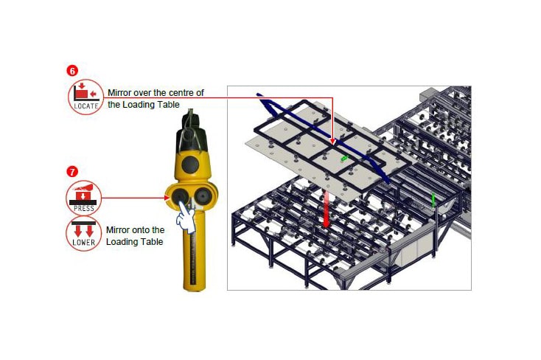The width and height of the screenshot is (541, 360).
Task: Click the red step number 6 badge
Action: pos(72,71)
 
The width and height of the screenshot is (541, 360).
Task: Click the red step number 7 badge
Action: pos(72,172)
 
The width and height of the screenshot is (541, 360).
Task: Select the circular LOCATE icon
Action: pos(86,97)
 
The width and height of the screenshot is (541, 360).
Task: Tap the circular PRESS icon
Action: pos(84,198)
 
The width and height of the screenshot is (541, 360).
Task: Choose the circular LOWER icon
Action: pos(84,234)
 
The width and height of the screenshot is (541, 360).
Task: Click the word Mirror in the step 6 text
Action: pos(119,93)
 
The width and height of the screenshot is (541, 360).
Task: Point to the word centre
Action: pos(181,93)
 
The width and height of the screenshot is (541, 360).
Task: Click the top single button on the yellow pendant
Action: pos(190,165)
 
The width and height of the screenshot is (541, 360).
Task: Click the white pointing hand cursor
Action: pos(186,218)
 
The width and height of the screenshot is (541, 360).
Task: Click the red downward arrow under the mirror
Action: pos(326,210)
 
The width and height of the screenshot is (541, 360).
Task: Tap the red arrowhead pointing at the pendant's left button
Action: pos(167,198)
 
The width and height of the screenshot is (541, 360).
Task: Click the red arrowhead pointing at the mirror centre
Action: pos(332,142)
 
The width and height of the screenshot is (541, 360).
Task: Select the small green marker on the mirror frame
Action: pos(344,158)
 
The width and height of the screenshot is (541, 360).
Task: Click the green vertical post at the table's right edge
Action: pos(433,201)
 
